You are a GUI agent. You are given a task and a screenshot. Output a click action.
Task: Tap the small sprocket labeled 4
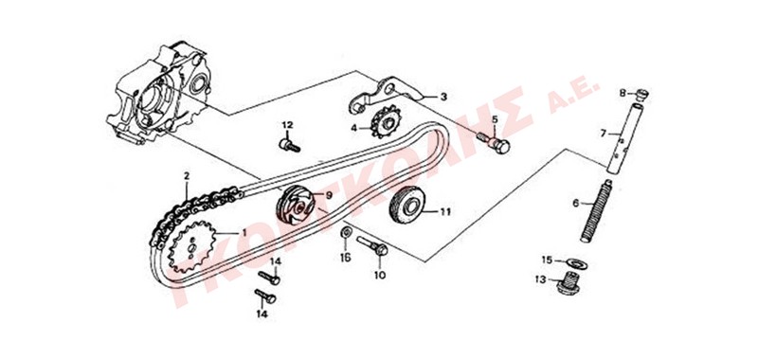[387, 123]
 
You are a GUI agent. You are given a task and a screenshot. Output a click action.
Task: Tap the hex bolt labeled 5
[494, 142]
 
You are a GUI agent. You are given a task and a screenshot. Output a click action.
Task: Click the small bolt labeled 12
[290, 145]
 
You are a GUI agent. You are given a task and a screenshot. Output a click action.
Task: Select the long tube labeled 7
[623, 136]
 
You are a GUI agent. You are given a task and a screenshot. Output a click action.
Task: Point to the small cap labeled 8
[641, 94]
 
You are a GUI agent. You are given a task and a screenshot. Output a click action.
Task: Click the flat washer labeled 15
[576, 263]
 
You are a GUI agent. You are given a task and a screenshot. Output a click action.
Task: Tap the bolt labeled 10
[371, 245]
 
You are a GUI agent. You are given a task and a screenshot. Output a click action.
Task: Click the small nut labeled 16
[347, 231]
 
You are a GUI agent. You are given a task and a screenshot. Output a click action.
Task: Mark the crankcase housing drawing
[158, 93]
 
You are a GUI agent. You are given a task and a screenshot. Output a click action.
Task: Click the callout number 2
[187, 175]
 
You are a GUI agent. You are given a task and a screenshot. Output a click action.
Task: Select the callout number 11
[444, 211]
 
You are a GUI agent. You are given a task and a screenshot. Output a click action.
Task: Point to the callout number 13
[540, 279]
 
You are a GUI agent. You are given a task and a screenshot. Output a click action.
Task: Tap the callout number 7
[603, 133]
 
